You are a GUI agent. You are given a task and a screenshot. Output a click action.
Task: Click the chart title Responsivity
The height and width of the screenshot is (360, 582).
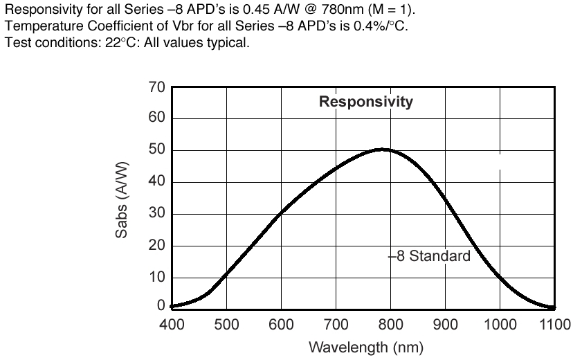[x=365, y=102]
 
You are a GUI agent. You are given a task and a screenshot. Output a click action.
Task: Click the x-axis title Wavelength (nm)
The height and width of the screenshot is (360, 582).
[x=366, y=346]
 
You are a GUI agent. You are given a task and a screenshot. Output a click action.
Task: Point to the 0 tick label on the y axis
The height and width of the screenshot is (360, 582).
[x=161, y=306]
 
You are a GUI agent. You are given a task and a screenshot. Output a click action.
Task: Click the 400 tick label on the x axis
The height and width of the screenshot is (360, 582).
[x=172, y=324]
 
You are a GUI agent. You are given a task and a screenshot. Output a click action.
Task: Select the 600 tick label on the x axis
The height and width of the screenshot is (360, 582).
[x=281, y=324]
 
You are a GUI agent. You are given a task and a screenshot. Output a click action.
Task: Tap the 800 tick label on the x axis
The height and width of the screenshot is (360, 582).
[x=391, y=324]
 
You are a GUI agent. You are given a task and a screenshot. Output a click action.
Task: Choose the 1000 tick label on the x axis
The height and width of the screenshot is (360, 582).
[x=500, y=324]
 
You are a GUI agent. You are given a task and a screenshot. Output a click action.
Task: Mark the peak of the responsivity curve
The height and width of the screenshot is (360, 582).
[x=383, y=149]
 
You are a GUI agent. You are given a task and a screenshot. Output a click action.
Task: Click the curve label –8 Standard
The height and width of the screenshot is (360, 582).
[x=429, y=256]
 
